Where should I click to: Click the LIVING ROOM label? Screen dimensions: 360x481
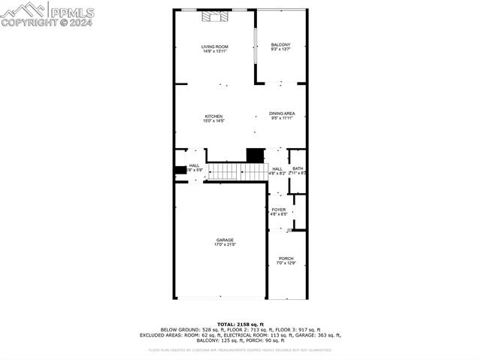click(x=214, y=47)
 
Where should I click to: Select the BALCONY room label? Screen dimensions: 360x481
click(x=280, y=45)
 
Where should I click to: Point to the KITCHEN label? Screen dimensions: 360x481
click(x=213, y=116)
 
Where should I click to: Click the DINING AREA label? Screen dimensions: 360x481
click(x=282, y=113)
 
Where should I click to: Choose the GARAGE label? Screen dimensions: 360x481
click(x=225, y=240)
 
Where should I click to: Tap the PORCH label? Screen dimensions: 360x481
click(x=286, y=259)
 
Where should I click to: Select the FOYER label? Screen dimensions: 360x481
click(x=278, y=210)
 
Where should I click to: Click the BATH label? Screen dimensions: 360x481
click(x=298, y=168)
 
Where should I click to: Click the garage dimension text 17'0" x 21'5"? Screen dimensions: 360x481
click(x=225, y=245)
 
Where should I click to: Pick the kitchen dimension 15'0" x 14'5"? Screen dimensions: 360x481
click(x=213, y=121)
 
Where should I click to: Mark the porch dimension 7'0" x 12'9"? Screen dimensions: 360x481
click(x=286, y=263)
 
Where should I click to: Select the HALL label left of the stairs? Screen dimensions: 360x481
click(x=194, y=165)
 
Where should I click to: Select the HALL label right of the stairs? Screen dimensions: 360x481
click(x=277, y=168)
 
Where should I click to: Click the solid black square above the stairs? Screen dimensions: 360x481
click(x=256, y=155)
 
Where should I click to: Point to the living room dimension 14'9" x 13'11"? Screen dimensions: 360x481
click(x=214, y=52)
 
